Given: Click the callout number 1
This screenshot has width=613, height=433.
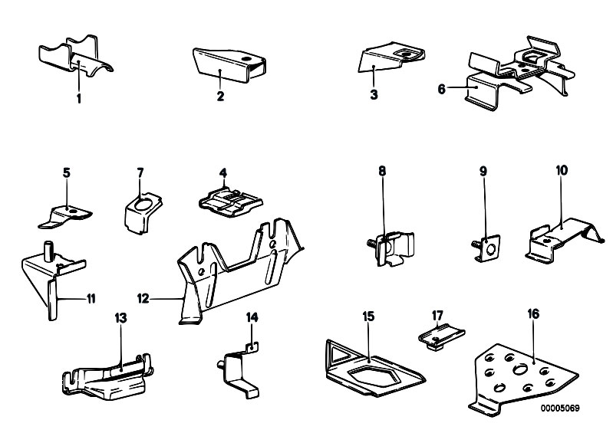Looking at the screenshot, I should coord(77,98).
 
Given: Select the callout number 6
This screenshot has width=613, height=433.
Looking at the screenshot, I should coord(442,89).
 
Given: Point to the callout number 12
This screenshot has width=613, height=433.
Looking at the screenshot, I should coord(143,297).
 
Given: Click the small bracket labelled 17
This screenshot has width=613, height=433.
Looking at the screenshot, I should coord(443,336).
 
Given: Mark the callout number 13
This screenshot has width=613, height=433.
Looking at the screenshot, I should coord(120,317).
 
